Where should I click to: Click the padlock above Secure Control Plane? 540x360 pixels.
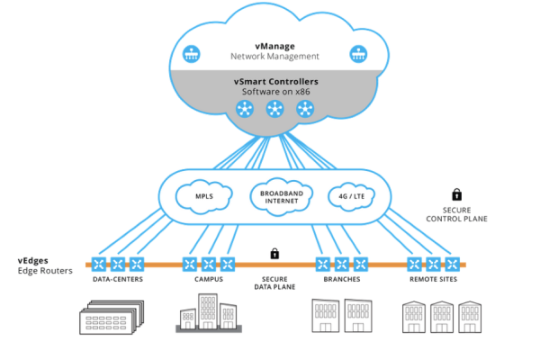coord(456,193)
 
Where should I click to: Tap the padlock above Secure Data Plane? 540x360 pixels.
coord(274,254)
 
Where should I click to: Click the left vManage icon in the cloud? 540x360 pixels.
coord(191,53)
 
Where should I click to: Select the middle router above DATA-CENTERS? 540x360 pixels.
coord(117,265)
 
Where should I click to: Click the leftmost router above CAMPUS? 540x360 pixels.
coord(189,265)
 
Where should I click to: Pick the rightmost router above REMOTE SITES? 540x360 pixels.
coord(453,265)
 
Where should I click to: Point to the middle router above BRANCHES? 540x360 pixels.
coord(342,265)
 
